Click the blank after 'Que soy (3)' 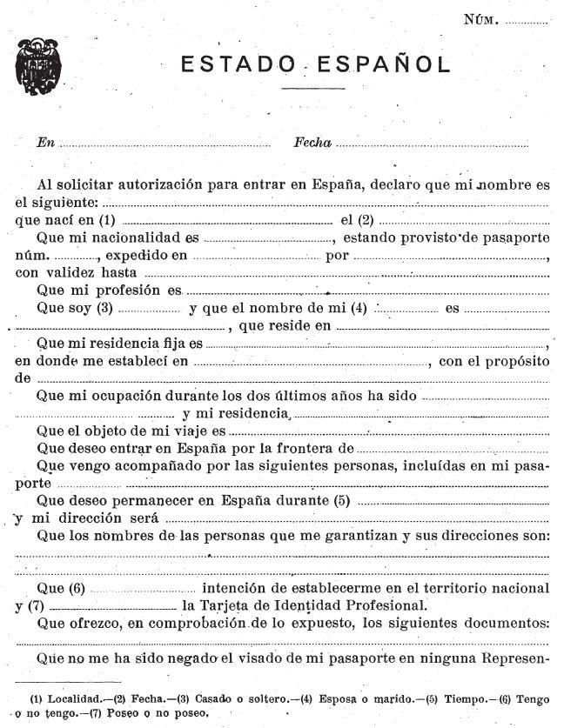pos(148,309)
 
